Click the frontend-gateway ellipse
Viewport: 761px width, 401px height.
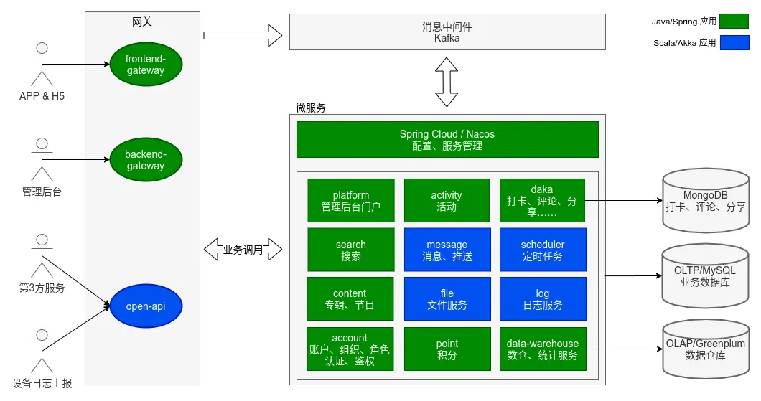point(146,64)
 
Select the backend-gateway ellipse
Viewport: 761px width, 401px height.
point(146,160)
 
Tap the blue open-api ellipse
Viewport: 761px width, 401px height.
point(146,307)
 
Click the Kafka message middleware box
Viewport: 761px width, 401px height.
point(447,32)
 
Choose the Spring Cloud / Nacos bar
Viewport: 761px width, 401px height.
point(447,139)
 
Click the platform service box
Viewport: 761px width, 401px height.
point(351,201)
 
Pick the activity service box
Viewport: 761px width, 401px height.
point(447,201)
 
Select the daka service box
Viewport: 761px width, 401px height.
point(542,201)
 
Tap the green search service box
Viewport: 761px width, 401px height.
point(351,250)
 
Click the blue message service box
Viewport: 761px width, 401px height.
point(447,250)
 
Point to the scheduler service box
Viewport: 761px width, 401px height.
point(542,250)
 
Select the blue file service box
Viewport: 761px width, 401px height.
point(447,298)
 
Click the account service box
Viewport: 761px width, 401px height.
point(351,349)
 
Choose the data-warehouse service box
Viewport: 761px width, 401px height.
point(542,349)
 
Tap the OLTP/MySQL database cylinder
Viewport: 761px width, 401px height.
point(704,275)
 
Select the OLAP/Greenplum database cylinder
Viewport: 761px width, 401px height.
point(704,349)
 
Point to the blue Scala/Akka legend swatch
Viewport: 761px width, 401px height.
point(734,43)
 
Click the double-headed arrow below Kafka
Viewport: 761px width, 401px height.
point(447,82)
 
